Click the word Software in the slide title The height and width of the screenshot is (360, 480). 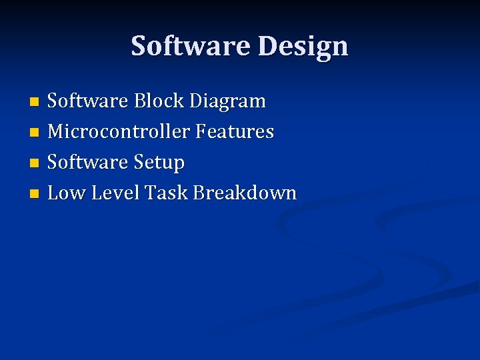pyautogui.click(x=191, y=46)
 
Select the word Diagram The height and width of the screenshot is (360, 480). pyautogui.click(x=227, y=101)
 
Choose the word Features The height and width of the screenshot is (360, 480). pyautogui.click(x=235, y=132)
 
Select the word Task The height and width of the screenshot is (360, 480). pyautogui.click(x=166, y=193)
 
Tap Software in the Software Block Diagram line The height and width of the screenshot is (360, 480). pyautogui.click(x=87, y=101)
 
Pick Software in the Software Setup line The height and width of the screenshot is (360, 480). pyautogui.click(x=87, y=163)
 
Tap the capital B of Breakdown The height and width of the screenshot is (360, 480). pyautogui.click(x=199, y=193)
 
